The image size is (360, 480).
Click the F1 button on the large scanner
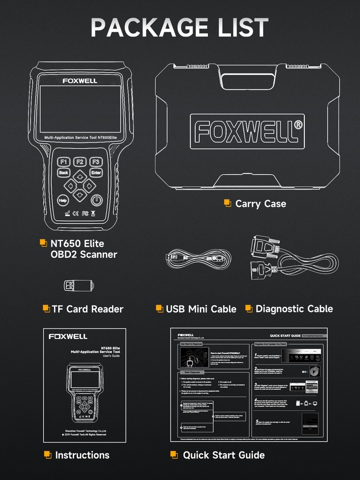point(64,162)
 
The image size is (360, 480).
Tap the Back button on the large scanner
point(63,173)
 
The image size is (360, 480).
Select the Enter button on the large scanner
point(96,173)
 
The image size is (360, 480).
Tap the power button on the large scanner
point(97,200)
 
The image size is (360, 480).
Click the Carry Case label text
point(260,204)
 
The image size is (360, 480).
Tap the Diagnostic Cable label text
point(294,309)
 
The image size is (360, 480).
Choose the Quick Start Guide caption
point(224,455)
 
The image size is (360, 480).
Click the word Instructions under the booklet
point(82,455)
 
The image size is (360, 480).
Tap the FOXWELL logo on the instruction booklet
point(68,336)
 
